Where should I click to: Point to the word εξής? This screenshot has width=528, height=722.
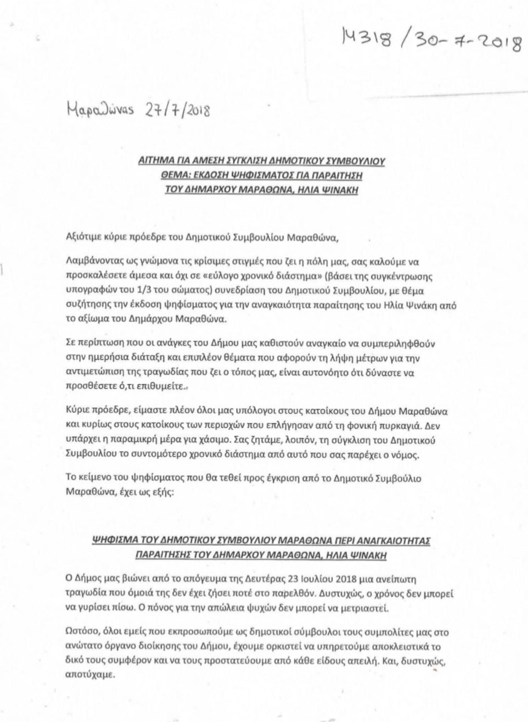(159, 492)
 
